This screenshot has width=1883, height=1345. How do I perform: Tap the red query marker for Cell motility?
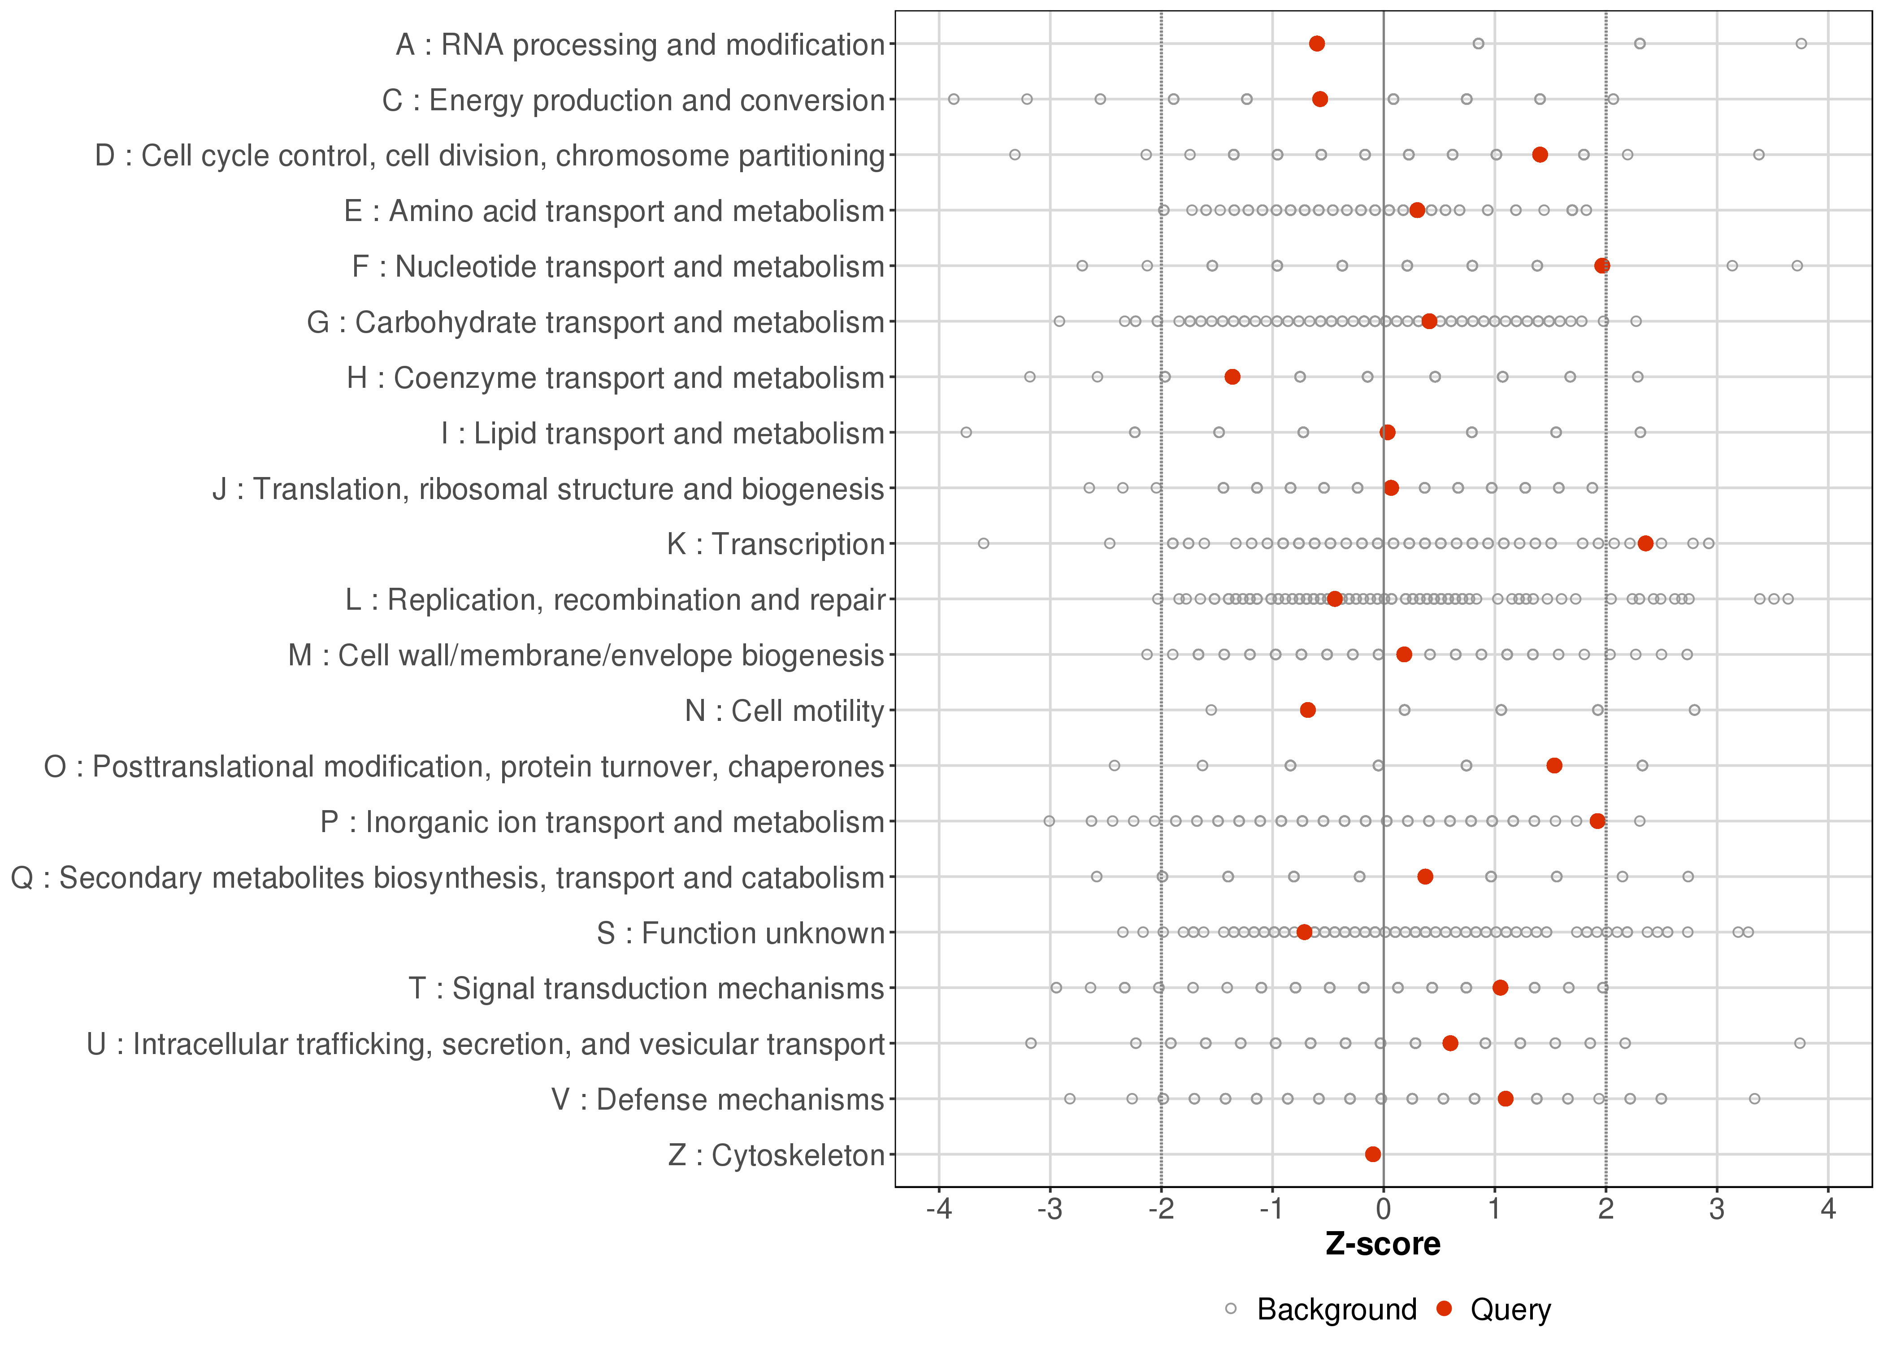[1307, 710]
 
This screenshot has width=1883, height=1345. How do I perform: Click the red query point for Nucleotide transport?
[1602, 266]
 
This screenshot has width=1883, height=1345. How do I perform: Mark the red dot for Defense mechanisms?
[1506, 1098]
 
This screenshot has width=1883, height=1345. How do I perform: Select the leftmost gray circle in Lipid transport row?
[966, 432]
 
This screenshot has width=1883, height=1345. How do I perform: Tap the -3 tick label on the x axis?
[1050, 1210]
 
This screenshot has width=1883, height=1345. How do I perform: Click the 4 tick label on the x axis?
[1828, 1210]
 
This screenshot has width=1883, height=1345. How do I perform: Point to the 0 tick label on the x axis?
[1384, 1210]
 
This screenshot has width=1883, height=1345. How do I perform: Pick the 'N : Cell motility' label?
[784, 711]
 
